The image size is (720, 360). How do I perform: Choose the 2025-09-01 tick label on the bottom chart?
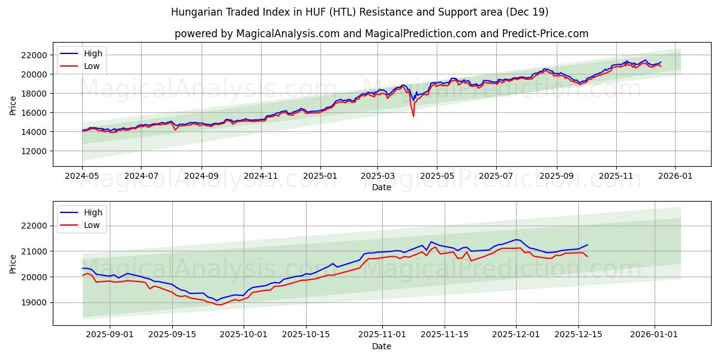click(x=109, y=334)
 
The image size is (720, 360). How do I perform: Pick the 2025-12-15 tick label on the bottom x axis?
click(x=578, y=334)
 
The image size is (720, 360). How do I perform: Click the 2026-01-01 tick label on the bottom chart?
click(x=654, y=334)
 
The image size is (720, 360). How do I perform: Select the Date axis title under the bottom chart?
click(x=381, y=346)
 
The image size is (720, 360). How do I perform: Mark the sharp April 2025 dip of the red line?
click(x=413, y=116)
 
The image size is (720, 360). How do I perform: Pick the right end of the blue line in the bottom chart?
click(x=587, y=245)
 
